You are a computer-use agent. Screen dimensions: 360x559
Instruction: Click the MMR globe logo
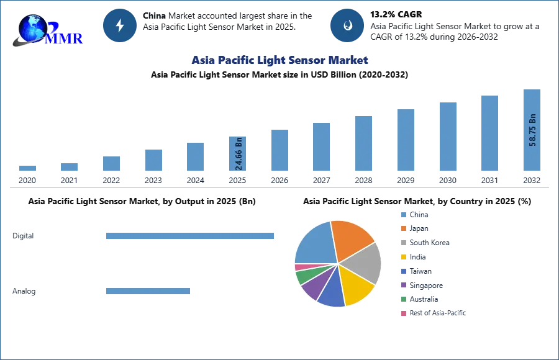39,30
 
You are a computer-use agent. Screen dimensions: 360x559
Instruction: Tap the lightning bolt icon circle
120,25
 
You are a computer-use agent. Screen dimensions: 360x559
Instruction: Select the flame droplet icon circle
347,25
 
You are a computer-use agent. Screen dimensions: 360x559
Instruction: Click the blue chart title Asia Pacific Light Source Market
281,60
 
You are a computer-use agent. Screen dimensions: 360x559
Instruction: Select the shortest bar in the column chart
27,168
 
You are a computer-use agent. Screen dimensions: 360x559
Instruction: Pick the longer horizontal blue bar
190,236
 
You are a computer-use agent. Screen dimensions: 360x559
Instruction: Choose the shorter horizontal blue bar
148,292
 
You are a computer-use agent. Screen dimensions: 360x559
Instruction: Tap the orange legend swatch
403,228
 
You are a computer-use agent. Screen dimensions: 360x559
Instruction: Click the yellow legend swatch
403,257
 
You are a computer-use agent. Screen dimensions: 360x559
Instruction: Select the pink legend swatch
403,313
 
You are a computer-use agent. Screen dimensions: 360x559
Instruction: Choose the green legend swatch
403,299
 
